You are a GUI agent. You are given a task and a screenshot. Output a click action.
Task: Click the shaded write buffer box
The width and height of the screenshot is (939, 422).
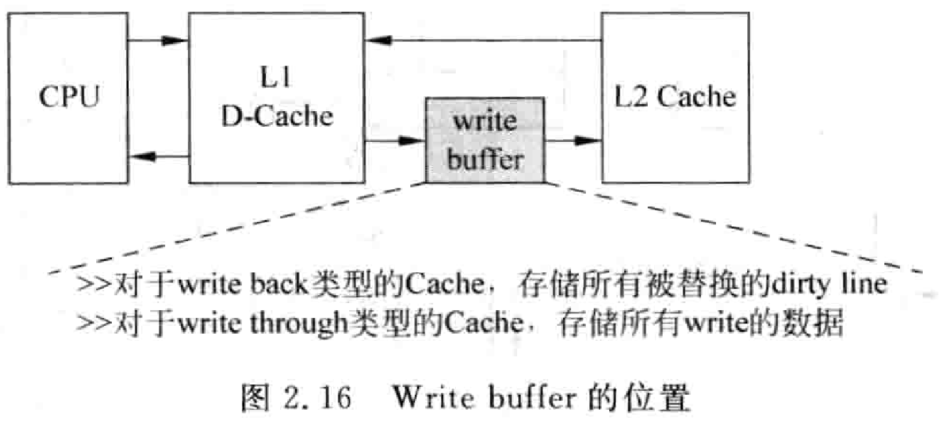point(485,140)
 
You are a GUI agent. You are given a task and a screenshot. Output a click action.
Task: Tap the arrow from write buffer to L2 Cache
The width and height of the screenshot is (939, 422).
point(573,140)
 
